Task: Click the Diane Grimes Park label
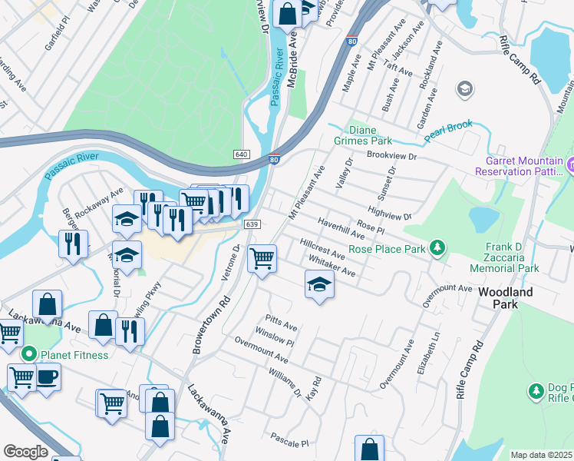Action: (x=363, y=135)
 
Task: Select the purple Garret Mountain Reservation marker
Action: (x=571, y=164)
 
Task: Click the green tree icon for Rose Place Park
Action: (x=437, y=247)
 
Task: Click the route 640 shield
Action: (x=242, y=154)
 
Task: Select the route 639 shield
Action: (x=252, y=224)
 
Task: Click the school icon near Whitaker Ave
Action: (x=320, y=286)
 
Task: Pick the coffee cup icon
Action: (x=48, y=376)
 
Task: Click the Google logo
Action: (x=25, y=452)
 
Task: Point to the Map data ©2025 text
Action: (x=541, y=455)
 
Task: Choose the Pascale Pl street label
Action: (x=289, y=443)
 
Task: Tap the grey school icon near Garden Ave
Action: (x=464, y=90)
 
